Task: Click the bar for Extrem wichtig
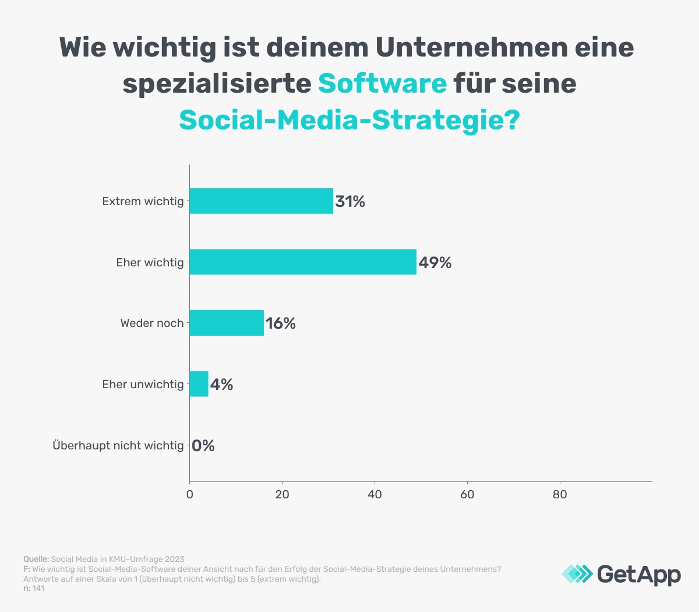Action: (261, 201)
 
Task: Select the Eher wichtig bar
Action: (303, 262)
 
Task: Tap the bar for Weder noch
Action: (227, 323)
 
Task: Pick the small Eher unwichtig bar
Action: (199, 384)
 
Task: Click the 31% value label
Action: (350, 202)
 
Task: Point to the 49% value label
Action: (435, 263)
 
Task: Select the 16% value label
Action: (281, 323)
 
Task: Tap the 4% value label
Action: (221, 385)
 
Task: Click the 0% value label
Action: (203, 446)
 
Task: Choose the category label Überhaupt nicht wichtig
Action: (118, 445)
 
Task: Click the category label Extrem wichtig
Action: (143, 201)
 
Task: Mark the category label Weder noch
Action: (152, 323)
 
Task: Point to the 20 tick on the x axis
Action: (282, 495)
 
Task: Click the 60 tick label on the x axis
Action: (467, 495)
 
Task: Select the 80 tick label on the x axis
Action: (560, 495)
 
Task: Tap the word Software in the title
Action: (382, 83)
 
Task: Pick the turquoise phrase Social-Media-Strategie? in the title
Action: (349, 120)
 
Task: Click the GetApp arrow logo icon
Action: (577, 574)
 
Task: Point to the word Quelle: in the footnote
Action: (36, 559)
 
